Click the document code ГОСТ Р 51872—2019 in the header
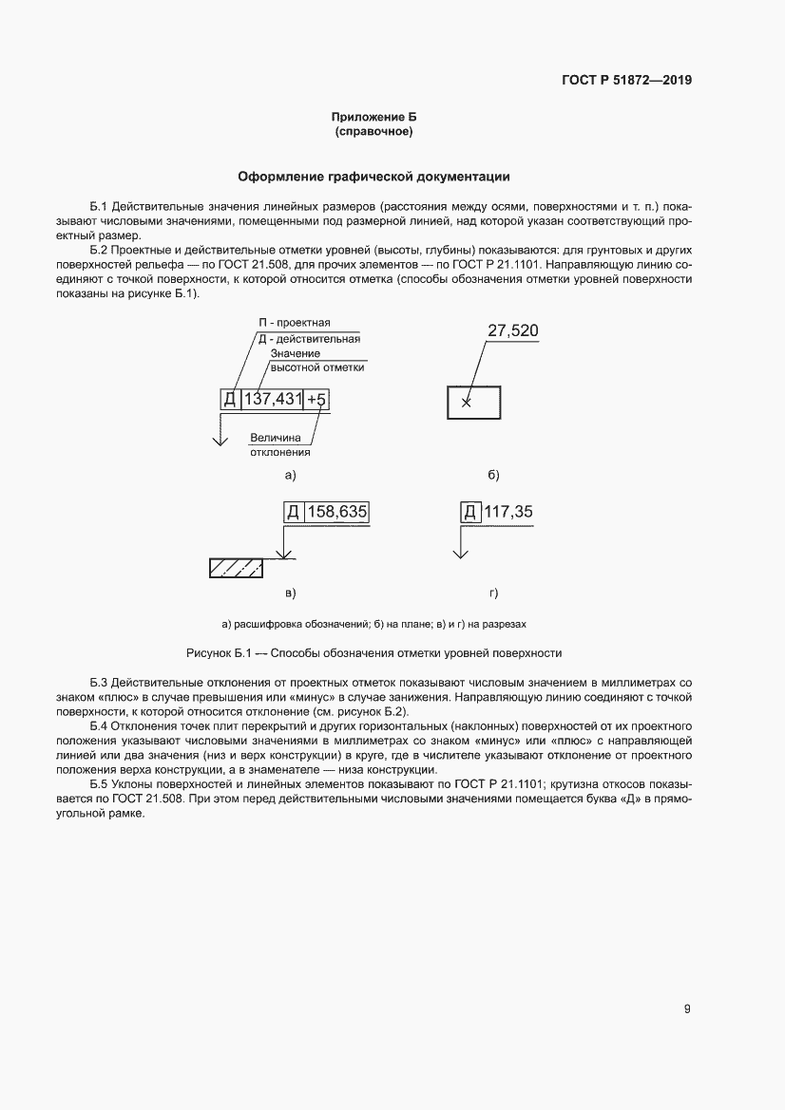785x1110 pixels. (x=625, y=80)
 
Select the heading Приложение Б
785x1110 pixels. (x=373, y=117)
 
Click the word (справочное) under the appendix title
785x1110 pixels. (x=373, y=132)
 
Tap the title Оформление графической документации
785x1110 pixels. (x=373, y=177)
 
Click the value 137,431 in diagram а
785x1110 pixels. (x=273, y=400)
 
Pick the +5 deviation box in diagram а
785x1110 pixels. (x=317, y=400)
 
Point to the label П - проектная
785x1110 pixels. (x=297, y=323)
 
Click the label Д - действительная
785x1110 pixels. (x=308, y=338)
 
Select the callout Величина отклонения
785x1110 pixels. (x=276, y=445)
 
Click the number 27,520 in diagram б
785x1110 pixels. (x=512, y=330)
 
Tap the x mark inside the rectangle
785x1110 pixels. (x=466, y=403)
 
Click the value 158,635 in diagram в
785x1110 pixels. (x=335, y=512)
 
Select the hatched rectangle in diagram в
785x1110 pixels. (x=236, y=568)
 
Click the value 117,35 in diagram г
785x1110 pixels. (x=508, y=512)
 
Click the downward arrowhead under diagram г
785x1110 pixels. (x=461, y=553)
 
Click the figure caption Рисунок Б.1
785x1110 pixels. (x=373, y=653)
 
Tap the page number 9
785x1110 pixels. (x=687, y=1009)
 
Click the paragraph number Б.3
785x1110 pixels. (x=100, y=683)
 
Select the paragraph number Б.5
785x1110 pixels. (x=100, y=784)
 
